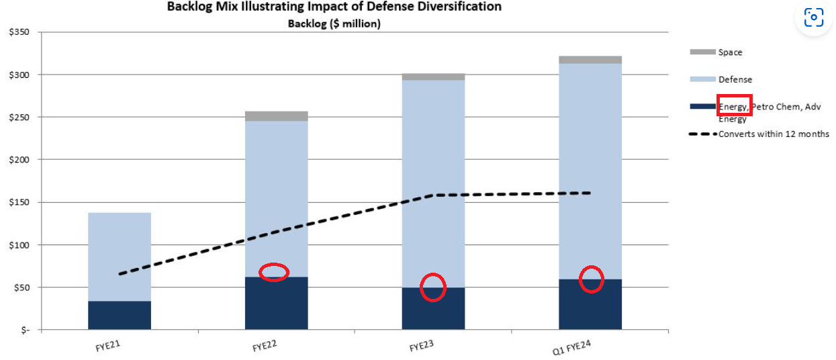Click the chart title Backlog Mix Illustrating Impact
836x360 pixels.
(x=334, y=7)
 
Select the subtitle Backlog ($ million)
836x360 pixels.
(x=334, y=24)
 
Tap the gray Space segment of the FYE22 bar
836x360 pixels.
(x=276, y=116)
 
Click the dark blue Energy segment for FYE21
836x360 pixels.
(x=120, y=315)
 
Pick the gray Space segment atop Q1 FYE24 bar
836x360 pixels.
(x=590, y=60)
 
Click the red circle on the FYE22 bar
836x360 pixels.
(x=274, y=272)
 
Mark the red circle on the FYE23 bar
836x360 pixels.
(x=433, y=287)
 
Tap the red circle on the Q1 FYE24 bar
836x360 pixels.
(x=592, y=279)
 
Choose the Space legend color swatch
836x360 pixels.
(x=702, y=52)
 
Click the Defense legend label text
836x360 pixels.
(x=735, y=79)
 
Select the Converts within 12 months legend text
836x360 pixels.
(x=774, y=134)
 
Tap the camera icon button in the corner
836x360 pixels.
(x=813, y=17)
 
